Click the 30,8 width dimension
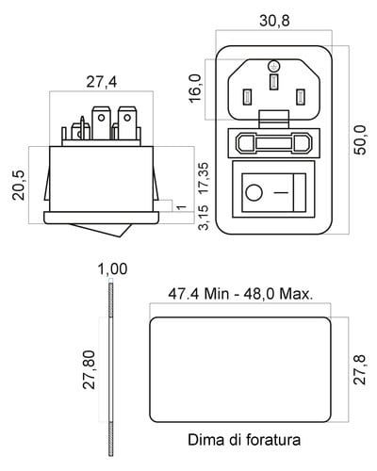click(x=274, y=21)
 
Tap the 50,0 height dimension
click(x=360, y=139)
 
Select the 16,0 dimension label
click(x=195, y=89)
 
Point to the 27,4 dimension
click(x=102, y=82)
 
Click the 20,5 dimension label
click(x=19, y=186)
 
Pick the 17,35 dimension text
click(x=204, y=178)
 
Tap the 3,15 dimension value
click(x=204, y=218)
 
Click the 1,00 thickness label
click(x=113, y=269)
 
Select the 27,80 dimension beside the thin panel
click(x=89, y=369)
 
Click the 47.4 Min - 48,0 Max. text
click(x=240, y=294)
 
